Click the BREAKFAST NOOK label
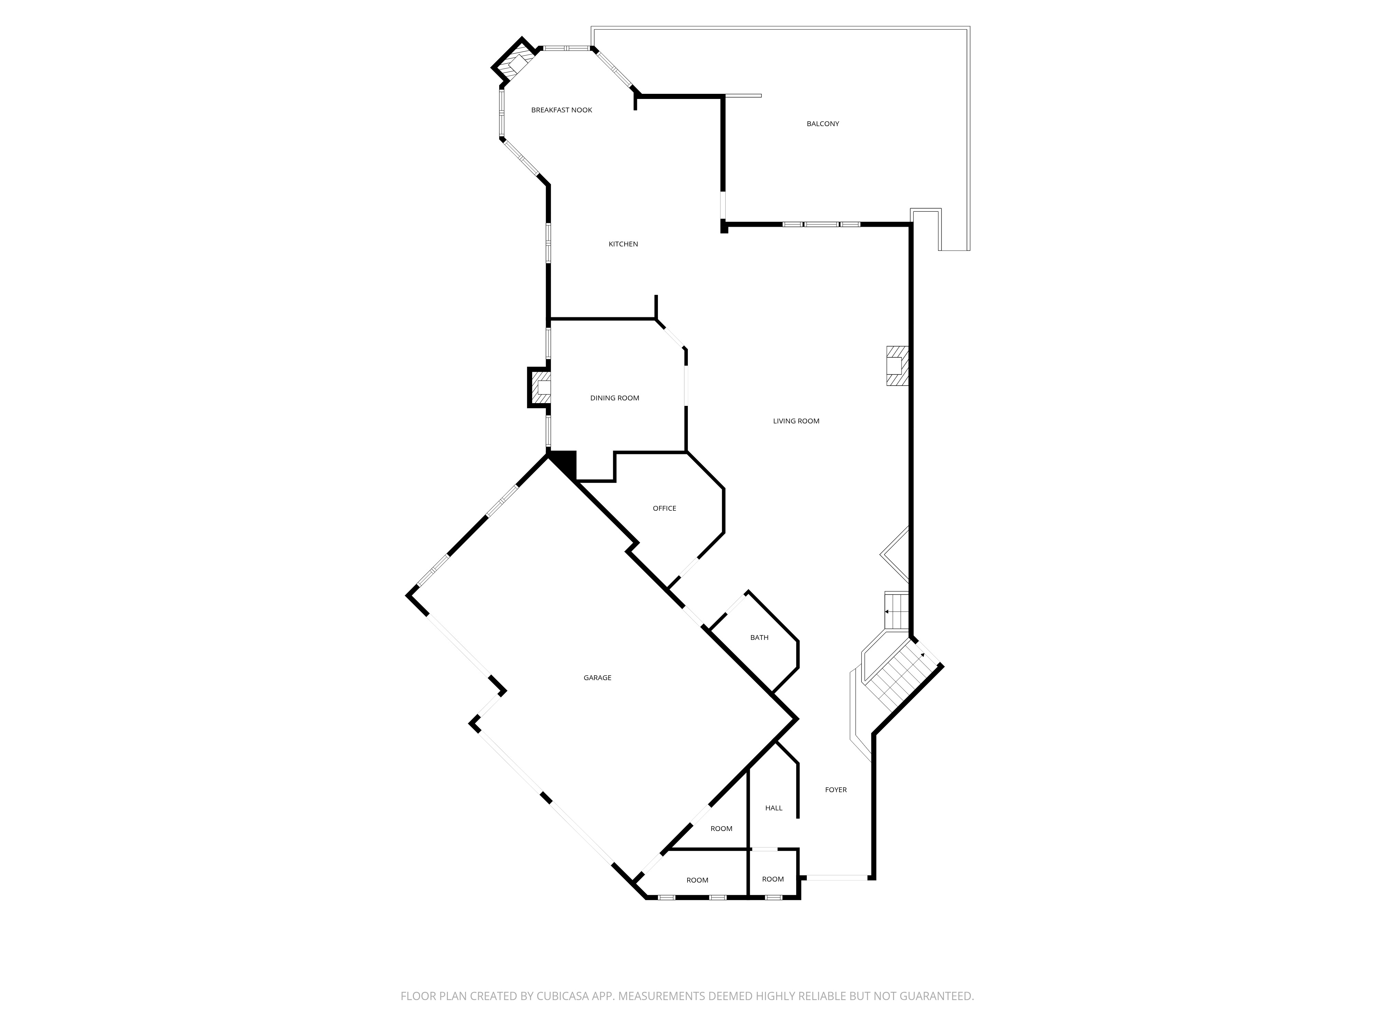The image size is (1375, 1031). tap(561, 110)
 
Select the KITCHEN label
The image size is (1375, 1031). tap(623, 244)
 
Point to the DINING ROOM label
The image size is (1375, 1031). tap(614, 398)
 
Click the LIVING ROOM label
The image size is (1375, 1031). tap(796, 421)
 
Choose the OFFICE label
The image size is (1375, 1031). tap(664, 508)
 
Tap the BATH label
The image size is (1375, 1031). tap(759, 638)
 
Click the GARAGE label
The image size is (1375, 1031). tap(597, 677)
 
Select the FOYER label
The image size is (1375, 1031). tap(835, 790)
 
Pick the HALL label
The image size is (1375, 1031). tap(773, 808)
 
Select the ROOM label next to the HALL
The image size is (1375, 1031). tap(721, 828)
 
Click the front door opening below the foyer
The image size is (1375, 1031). tap(836, 877)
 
